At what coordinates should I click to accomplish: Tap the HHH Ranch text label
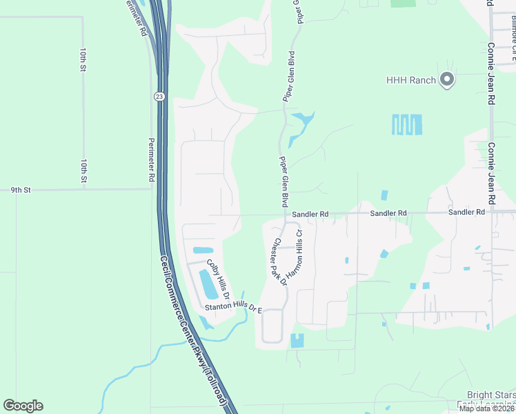[413, 80]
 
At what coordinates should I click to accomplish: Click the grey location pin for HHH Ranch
[447, 80]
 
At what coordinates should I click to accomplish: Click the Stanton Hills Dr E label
[234, 309]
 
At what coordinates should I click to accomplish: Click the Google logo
[23, 406]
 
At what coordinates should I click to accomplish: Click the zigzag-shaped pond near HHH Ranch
[407, 125]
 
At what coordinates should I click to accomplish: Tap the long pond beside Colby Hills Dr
[207, 284]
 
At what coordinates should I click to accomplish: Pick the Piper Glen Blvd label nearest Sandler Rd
[283, 181]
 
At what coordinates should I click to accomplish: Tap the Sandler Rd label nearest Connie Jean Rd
[466, 213]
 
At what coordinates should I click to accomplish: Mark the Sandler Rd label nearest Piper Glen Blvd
[310, 215]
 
